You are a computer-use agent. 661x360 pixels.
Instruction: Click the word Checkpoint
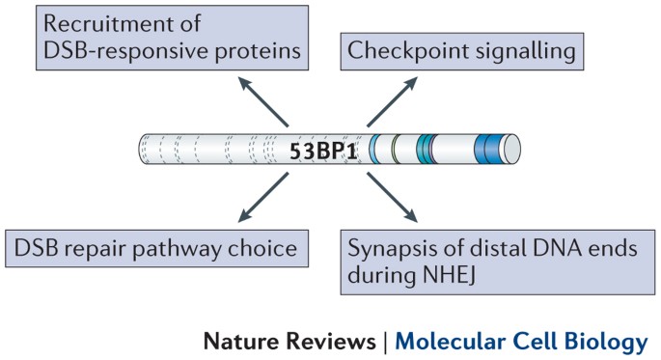403,48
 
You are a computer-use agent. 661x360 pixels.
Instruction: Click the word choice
265,249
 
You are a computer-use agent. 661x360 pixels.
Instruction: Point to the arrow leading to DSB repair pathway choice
266,198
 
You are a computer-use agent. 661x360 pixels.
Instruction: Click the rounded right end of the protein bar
513,151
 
